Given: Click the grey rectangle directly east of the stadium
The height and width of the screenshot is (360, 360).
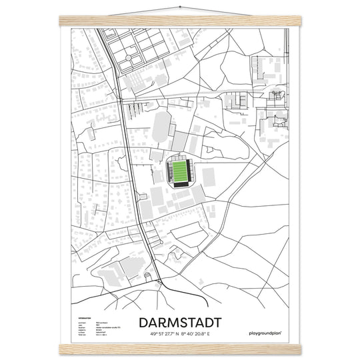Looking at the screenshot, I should point(209,177).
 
